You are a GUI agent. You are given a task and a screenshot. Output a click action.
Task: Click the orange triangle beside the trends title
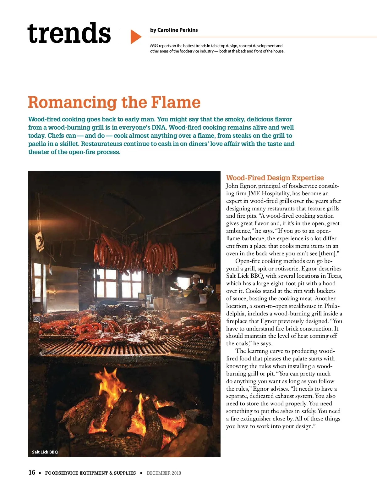point(135,37)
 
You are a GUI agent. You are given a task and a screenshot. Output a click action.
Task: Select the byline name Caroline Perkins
point(178,30)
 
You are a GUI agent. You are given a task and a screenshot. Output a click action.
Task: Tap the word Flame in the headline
point(175,102)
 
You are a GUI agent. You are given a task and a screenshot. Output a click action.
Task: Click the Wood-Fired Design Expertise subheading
point(275,178)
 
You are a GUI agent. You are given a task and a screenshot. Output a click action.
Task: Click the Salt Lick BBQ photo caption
point(45,452)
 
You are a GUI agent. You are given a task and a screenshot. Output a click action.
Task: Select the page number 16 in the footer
point(32,472)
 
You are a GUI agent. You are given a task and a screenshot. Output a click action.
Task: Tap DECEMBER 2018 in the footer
point(164,473)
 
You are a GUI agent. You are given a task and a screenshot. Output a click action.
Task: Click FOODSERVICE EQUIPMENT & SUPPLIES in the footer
point(90,473)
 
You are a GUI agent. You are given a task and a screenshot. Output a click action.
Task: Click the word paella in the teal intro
point(36,144)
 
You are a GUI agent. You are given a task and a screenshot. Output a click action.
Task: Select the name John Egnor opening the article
point(240,186)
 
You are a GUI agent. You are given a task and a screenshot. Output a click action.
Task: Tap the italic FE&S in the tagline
point(154,46)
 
